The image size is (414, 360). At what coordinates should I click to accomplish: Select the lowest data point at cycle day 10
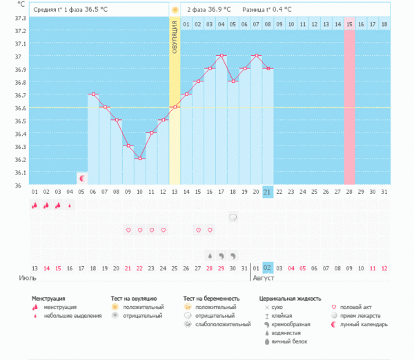139,159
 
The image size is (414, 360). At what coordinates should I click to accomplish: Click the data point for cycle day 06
93,94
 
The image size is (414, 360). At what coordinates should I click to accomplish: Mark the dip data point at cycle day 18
233,81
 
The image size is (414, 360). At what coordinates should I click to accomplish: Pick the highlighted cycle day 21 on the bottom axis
268,192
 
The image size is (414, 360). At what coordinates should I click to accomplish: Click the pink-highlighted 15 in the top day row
350,24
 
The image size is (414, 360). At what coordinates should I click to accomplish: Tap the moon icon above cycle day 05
81,178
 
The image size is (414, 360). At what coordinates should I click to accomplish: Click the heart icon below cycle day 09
128,230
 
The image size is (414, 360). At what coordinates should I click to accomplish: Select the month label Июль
28,279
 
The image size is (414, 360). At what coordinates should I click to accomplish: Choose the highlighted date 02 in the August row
268,268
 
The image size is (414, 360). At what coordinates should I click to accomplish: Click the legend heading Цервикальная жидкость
290,299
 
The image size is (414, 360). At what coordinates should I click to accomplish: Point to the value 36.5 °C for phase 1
99,10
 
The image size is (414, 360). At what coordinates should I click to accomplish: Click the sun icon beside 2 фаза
175,10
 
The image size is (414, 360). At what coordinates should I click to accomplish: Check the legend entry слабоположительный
223,324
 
